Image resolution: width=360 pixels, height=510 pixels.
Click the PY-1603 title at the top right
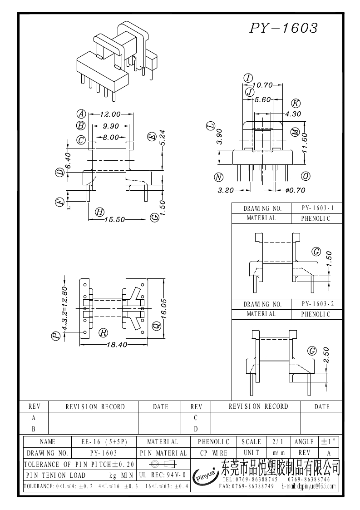[x=283, y=29]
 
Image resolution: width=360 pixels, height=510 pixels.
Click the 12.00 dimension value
[x=110, y=114]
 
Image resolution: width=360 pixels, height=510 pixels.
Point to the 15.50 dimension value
[x=114, y=219]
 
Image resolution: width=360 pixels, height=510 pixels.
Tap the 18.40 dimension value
[x=116, y=345]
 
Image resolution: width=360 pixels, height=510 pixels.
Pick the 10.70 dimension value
[x=262, y=85]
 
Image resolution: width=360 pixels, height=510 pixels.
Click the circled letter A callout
[x=81, y=114]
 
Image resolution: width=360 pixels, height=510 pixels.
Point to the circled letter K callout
[x=296, y=103]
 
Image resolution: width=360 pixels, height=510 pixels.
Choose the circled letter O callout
[x=306, y=176]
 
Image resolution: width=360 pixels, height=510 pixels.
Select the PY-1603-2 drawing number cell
[x=318, y=304]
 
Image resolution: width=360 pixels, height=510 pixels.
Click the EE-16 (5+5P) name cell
[x=104, y=441]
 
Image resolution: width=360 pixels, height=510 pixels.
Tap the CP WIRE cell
[x=213, y=453]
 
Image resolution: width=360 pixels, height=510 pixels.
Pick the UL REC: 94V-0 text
[x=162, y=475]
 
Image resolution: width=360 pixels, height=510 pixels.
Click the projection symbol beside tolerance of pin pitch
[x=162, y=464]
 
